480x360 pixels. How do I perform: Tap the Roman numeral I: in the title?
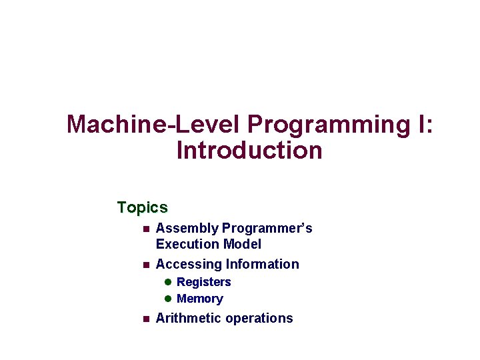(424, 125)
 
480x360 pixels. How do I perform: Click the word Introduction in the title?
(249, 151)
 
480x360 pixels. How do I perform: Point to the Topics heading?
(142, 208)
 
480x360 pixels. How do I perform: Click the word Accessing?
(189, 265)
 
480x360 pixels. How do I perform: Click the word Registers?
(203, 282)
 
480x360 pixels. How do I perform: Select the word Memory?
(199, 299)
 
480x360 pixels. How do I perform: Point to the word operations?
(259, 318)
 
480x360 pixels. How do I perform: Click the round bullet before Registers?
(169, 282)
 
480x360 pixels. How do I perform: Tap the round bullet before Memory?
(169, 299)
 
